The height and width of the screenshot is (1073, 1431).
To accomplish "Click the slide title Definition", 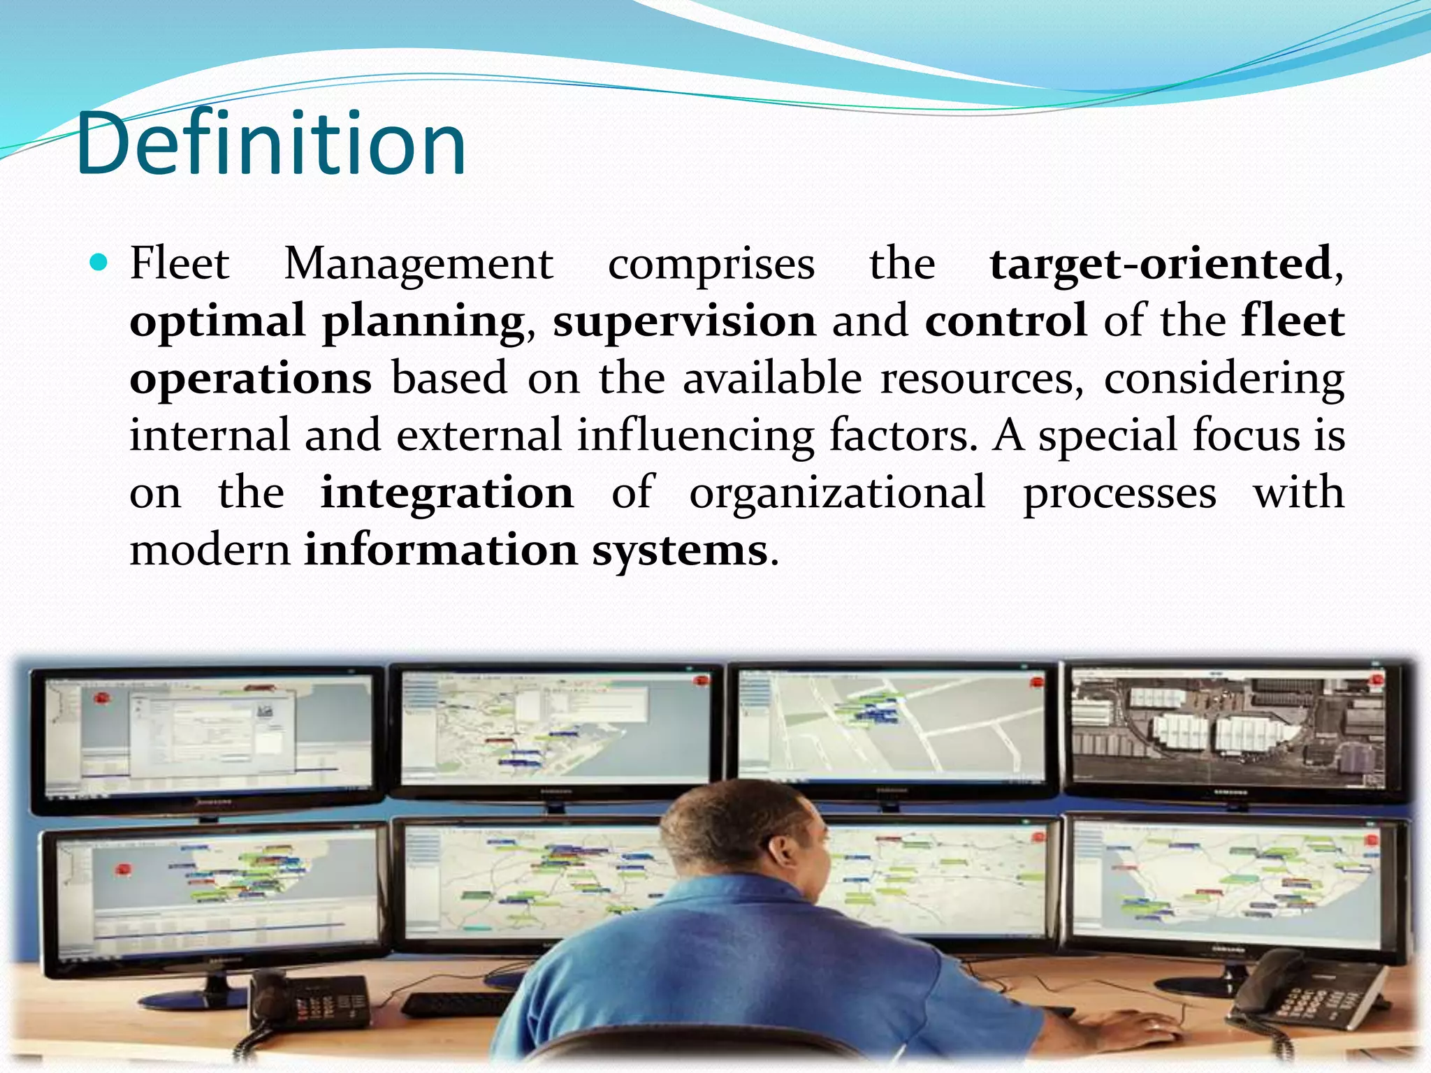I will [x=271, y=145].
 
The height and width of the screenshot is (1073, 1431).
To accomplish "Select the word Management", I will [x=419, y=265].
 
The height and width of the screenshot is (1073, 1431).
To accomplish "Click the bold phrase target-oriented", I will [x=1161, y=265].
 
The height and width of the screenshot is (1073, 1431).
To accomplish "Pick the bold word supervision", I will [x=684, y=322].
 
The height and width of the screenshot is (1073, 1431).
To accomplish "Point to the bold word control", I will [x=1005, y=322].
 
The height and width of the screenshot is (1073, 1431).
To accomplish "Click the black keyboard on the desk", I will [x=454, y=1003].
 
